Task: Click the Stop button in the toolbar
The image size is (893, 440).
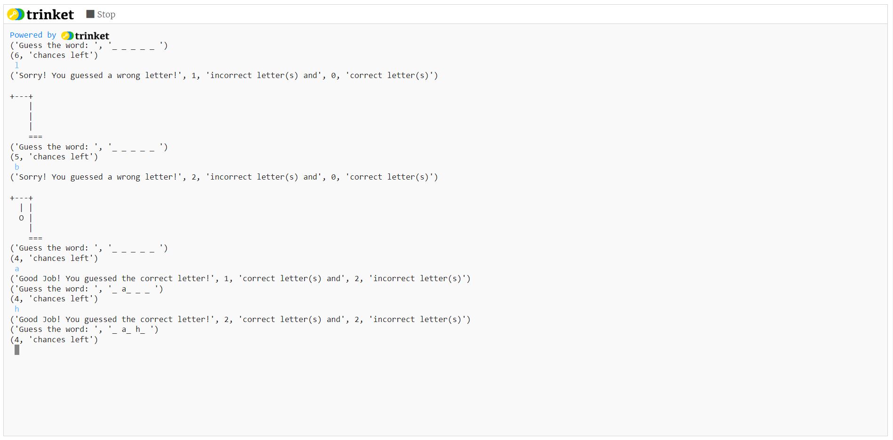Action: tap(101, 15)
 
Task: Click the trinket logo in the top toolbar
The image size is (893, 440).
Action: tap(41, 15)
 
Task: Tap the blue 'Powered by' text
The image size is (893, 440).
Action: tap(33, 35)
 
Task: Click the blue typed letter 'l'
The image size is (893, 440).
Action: tap(17, 65)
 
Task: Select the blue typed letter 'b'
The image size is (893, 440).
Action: tap(17, 167)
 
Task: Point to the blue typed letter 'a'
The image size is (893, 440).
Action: tap(17, 269)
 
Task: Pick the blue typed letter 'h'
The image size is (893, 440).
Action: tap(17, 309)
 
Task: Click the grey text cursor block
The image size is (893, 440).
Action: tap(17, 350)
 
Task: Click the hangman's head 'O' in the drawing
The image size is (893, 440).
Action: tap(21, 218)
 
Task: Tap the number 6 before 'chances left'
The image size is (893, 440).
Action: tap(17, 55)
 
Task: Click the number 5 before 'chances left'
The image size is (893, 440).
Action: tap(17, 157)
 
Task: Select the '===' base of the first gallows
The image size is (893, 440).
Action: tap(35, 137)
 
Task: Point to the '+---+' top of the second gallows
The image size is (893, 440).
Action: tap(22, 198)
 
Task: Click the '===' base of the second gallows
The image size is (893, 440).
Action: tap(35, 238)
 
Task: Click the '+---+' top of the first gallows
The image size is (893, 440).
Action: tap(22, 96)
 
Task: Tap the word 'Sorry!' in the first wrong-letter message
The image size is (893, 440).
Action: tap(32, 76)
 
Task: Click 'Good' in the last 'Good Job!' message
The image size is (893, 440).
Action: tap(28, 320)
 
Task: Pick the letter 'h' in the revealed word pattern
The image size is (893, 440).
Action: tap(138, 329)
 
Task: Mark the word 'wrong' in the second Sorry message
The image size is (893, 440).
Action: tap(128, 177)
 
